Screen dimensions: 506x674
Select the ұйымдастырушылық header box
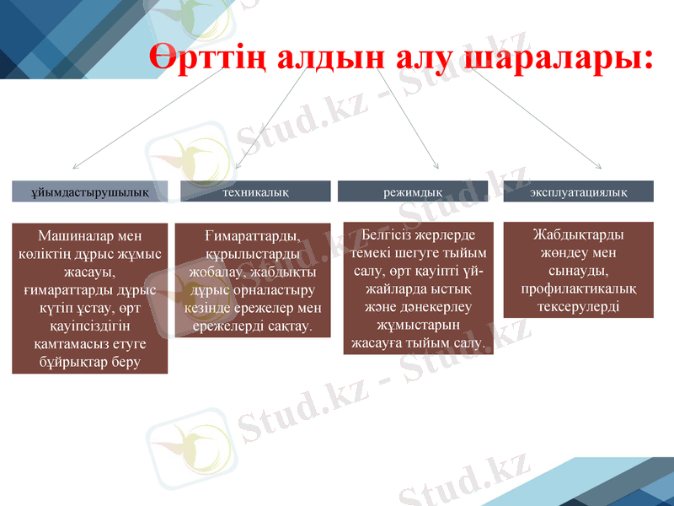89,191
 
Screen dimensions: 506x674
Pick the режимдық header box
413,191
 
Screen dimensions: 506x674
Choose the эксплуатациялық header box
578,191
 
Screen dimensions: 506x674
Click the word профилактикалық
578,288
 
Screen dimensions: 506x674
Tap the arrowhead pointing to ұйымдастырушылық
76,166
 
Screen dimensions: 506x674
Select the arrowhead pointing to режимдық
435,165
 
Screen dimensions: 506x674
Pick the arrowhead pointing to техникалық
238,165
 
